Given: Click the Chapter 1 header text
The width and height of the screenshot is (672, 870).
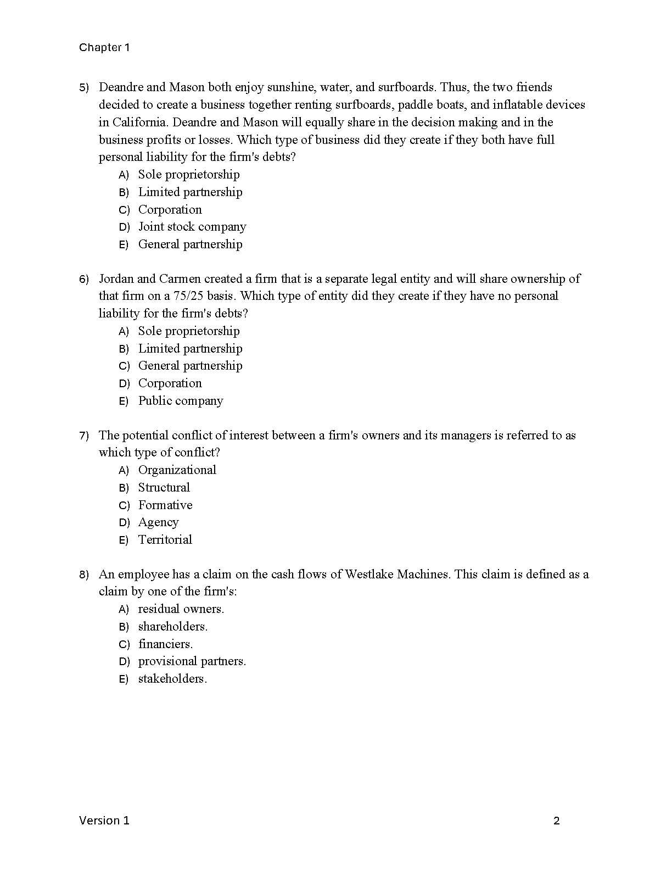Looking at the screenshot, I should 104,48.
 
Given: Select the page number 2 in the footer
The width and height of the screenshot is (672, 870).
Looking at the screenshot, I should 556,821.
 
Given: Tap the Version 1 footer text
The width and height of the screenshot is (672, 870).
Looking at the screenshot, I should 104,821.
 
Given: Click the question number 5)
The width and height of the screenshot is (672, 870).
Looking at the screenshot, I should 83,88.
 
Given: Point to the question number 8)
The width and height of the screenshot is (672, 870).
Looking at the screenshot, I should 83,575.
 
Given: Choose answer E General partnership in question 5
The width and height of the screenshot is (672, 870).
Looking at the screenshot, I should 190,244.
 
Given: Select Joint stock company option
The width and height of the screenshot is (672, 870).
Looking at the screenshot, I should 192,227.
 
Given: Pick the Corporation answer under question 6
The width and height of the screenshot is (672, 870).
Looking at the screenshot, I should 170,383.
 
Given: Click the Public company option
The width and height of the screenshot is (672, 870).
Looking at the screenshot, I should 181,401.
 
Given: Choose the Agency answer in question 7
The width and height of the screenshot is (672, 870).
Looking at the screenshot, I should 158,522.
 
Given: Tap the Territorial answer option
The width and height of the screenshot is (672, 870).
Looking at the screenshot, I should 165,540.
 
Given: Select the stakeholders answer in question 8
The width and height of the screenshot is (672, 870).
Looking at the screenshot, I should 172,679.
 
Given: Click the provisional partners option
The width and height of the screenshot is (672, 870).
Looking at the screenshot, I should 192,661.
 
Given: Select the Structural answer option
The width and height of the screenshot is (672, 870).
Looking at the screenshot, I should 164,488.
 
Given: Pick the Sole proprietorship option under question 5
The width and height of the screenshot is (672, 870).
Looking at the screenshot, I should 188,175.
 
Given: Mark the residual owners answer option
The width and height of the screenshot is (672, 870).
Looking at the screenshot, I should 181,609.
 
